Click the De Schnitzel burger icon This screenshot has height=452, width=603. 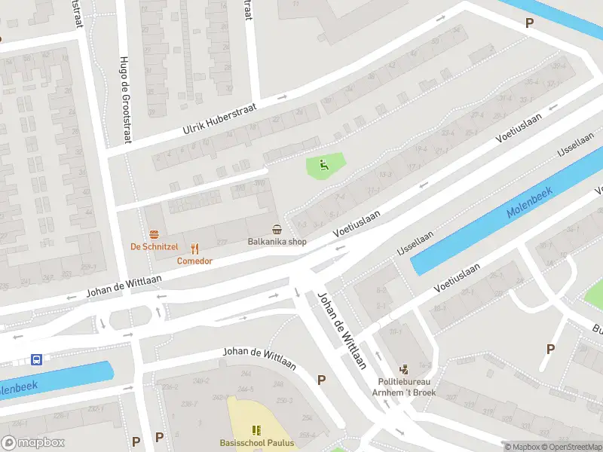coord(154,233)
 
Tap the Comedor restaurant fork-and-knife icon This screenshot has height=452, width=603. coord(194,248)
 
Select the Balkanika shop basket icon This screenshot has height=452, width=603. coord(277,229)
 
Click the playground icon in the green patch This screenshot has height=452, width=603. coord(325,164)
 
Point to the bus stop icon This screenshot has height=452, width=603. coord(36,359)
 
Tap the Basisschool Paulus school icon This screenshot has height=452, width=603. coord(256,429)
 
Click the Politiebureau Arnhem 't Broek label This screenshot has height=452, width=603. coord(406,386)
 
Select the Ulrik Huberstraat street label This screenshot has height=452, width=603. coord(219,120)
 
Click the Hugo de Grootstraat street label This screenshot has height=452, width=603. coord(124,99)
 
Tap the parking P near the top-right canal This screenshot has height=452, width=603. coord(529,23)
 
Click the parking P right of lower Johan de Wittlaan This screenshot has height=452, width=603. coord(322,380)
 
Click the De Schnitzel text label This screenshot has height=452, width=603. coord(154,246)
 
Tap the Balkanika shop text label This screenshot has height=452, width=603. coord(277,242)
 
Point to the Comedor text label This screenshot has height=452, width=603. coord(194,261)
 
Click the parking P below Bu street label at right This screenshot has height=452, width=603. coord(550,349)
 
